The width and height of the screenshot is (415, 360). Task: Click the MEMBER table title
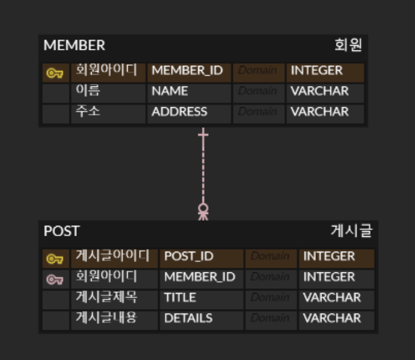point(74,45)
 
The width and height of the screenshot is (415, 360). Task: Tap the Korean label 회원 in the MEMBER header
point(348,45)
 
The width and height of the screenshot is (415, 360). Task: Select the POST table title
point(61,231)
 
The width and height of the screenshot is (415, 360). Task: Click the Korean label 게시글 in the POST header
point(351,231)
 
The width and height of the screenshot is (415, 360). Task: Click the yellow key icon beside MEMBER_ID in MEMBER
point(54,73)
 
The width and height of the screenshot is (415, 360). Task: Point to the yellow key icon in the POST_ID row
point(54,259)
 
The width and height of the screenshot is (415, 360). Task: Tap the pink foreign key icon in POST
point(54,279)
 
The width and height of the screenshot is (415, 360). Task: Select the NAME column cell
point(170,91)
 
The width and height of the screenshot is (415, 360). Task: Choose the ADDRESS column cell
point(179,112)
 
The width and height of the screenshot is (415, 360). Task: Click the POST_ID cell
point(189,256)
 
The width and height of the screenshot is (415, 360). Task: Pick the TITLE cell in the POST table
point(180,298)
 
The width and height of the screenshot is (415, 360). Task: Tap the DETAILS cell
point(188,318)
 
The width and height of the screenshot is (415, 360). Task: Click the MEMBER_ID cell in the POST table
point(199,277)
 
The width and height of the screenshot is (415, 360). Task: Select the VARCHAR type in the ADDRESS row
point(319,112)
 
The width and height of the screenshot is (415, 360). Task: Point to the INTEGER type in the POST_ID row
point(329,256)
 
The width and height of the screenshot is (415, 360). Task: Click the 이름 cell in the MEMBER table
point(88,91)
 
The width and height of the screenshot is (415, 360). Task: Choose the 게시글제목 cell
point(107,297)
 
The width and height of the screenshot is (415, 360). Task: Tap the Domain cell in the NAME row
point(257,91)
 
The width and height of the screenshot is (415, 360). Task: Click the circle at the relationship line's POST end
point(203,208)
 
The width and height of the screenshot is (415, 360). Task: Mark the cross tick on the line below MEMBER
point(203,135)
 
